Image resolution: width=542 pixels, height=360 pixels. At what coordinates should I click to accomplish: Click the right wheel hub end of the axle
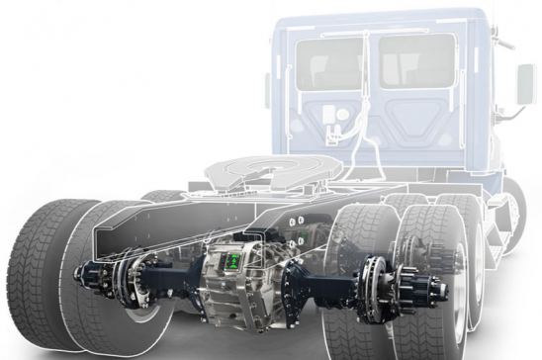(x=432, y=289)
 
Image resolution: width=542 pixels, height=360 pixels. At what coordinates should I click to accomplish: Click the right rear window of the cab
(x=416, y=61)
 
